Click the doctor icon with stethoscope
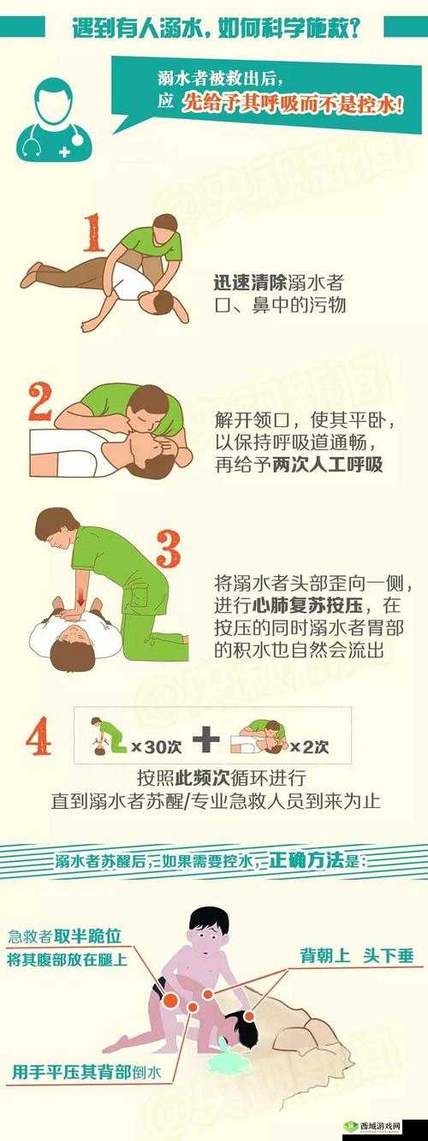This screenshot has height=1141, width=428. [x=53, y=119]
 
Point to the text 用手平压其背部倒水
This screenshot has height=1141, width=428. [x=86, y=1071]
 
